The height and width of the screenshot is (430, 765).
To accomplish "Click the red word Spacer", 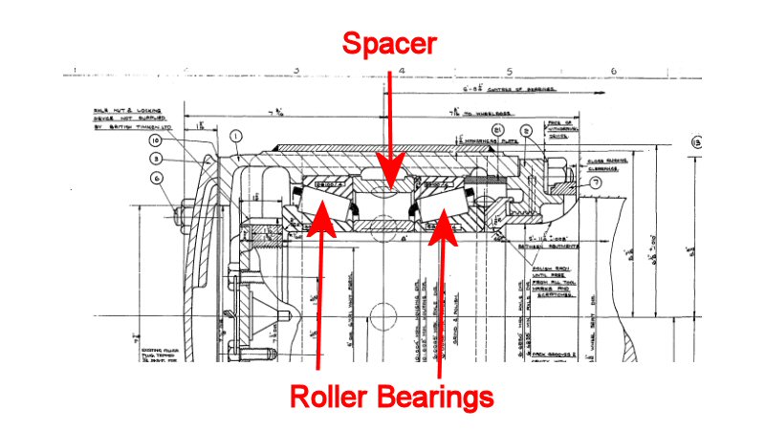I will click(390, 44).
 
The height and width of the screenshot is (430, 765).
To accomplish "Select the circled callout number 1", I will click(235, 136).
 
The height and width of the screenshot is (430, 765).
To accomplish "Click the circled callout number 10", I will click(156, 141).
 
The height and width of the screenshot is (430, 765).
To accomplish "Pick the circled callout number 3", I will click(156, 159).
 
